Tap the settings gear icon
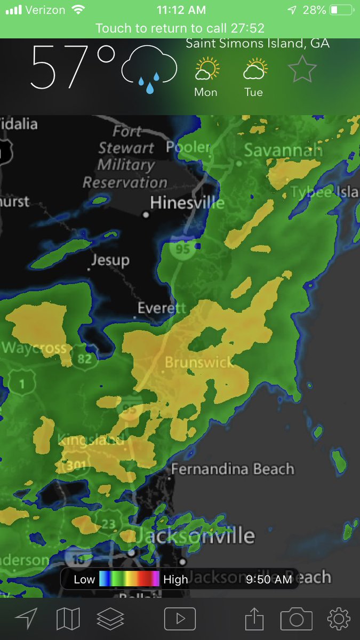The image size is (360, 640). pos(339,619)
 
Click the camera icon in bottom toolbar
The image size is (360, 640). pos(296,619)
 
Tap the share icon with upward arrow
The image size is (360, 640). pos(254,619)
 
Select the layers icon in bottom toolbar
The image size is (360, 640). pos(110,619)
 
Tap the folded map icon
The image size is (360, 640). pos(68,619)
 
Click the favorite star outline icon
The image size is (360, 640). pos(302,69)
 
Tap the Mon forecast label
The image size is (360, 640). pos(205,92)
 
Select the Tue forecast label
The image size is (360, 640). pos(254,92)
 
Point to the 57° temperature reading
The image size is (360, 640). pos(73,68)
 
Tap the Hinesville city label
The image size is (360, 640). pos(187,203)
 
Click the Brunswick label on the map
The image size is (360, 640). pos(199,363)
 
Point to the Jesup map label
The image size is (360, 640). pos(110,260)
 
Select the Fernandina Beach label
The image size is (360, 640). pos(233,469)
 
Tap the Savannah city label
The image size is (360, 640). pos(283,150)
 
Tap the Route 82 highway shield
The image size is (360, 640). pos(85,358)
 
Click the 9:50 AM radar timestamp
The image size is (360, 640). pos(269,579)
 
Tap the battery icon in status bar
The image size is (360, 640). pos(341,10)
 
